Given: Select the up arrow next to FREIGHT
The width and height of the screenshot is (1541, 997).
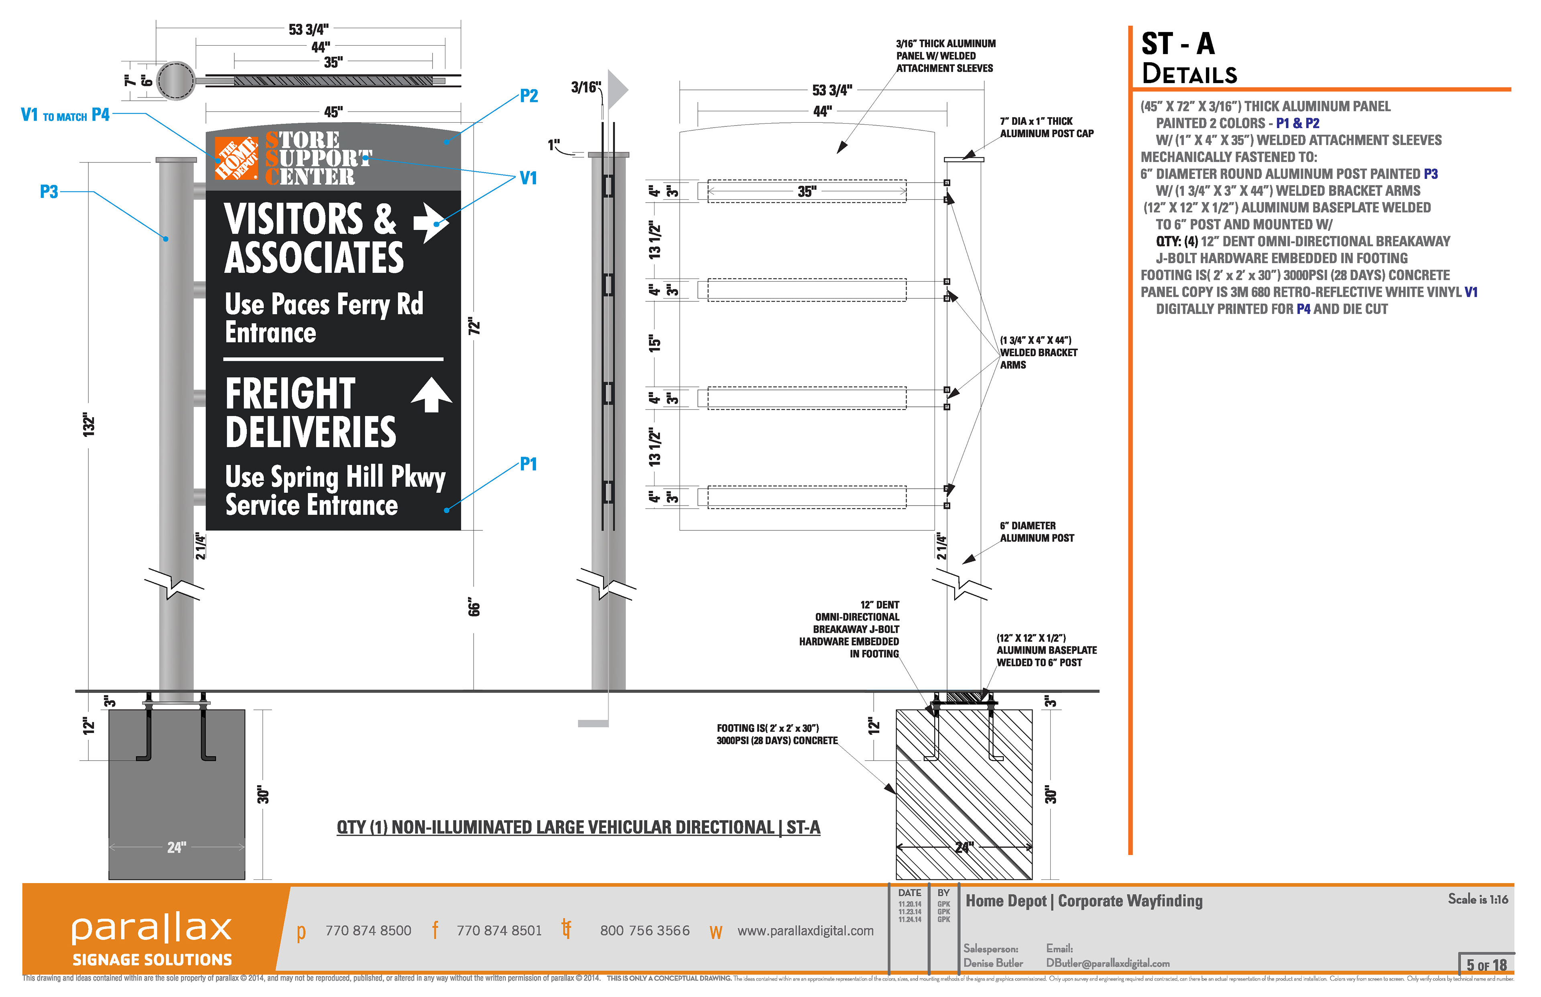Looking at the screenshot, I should pos(432,395).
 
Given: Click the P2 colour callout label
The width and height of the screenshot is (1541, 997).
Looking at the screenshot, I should pos(529,96).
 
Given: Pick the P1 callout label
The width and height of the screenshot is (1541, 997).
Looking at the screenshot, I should pos(529,464).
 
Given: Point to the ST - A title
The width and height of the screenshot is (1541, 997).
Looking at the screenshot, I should pos(1178,44).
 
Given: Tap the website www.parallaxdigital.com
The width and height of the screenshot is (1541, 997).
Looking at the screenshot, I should pos(805,930).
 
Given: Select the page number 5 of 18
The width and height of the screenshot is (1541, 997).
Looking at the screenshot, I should pos(1486,965).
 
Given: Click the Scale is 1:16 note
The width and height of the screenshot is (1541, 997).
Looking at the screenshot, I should pos(1478,899).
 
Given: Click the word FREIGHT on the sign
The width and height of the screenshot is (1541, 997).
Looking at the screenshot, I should pos(291,393).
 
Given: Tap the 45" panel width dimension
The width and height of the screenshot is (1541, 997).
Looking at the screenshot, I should pos(333,112).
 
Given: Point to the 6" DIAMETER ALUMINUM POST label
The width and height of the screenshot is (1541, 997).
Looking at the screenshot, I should pos(1037,532).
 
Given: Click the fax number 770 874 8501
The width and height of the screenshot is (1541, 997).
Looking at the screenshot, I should pos(498,930).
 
